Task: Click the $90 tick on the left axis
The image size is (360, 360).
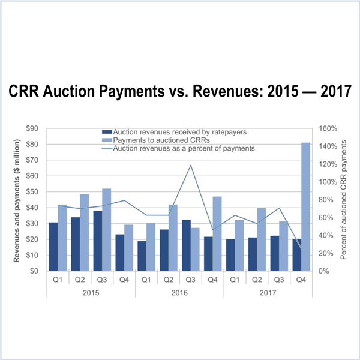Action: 39,128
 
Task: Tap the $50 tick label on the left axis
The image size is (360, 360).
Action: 39,192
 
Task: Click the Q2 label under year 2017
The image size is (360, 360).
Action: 257,279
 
